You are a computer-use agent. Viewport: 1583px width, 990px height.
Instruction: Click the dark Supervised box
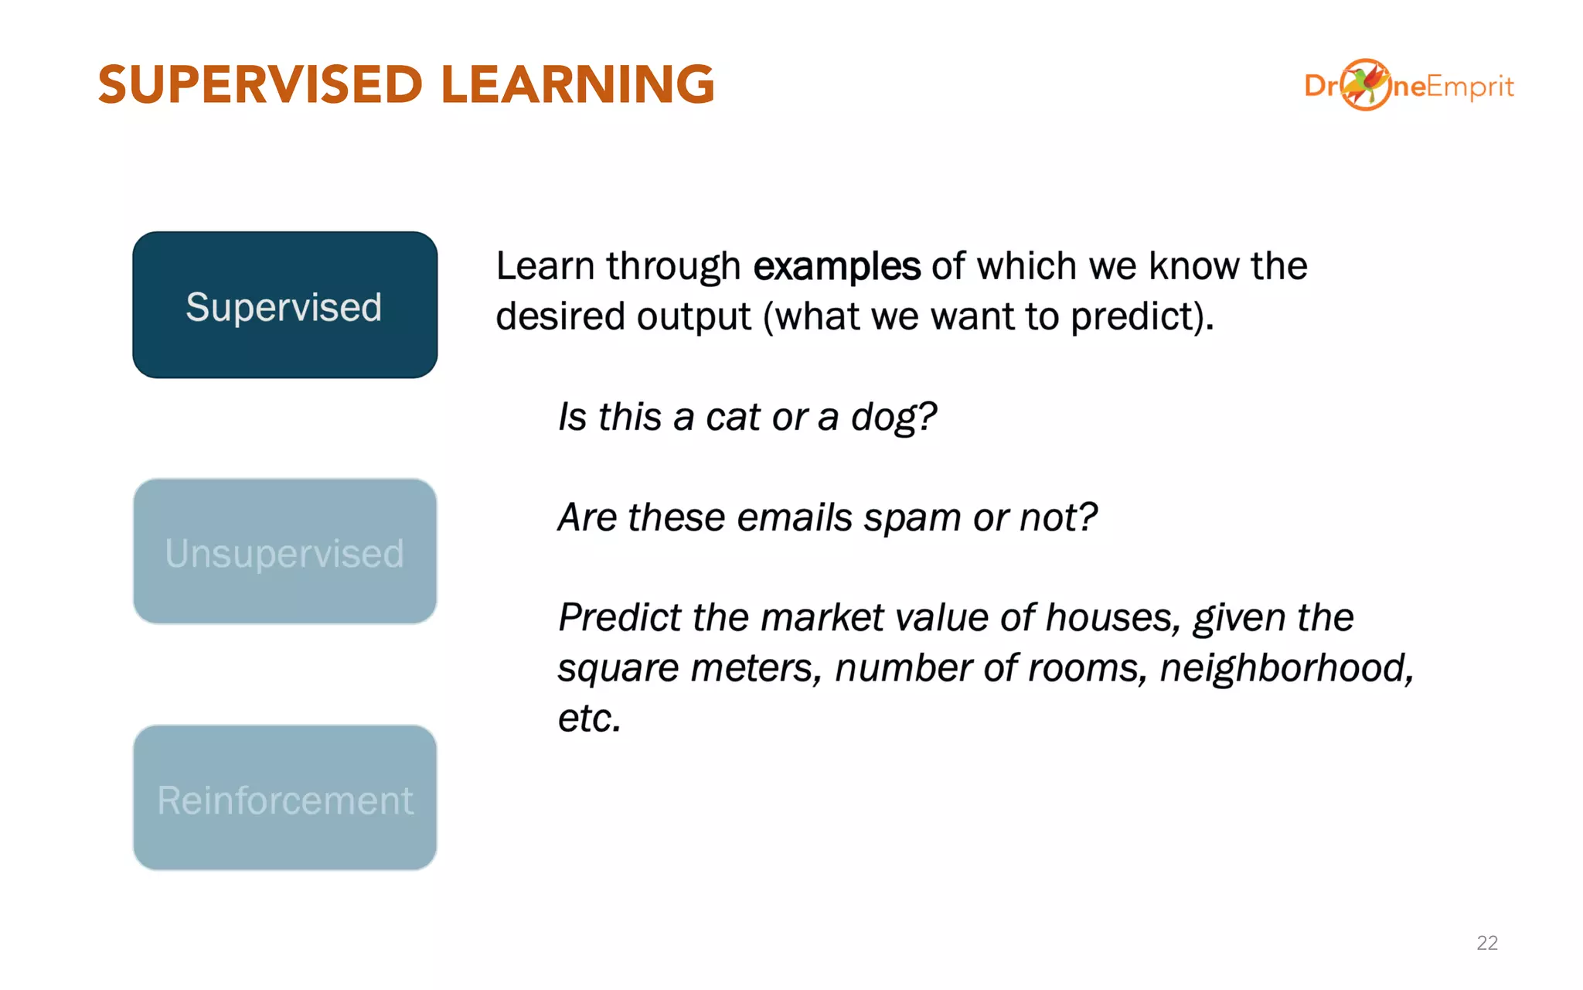click(284, 305)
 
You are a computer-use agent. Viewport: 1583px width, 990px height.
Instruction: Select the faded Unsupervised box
click(284, 551)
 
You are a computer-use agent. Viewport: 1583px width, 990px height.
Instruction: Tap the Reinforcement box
click(284, 797)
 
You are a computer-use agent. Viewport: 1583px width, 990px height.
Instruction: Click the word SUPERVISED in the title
click(260, 84)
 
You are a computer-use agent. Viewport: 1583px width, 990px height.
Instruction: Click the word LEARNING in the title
click(577, 84)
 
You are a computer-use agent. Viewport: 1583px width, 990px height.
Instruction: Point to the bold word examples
click(836, 266)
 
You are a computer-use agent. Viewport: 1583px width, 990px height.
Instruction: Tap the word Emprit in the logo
click(1469, 87)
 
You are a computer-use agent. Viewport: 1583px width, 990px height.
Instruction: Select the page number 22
click(1486, 943)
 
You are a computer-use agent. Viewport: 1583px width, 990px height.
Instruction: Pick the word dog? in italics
click(894, 417)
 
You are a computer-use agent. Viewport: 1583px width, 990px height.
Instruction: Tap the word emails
click(794, 517)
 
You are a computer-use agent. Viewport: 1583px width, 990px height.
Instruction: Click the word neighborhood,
click(1286, 667)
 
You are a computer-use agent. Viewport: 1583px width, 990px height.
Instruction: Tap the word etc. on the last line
click(589, 719)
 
